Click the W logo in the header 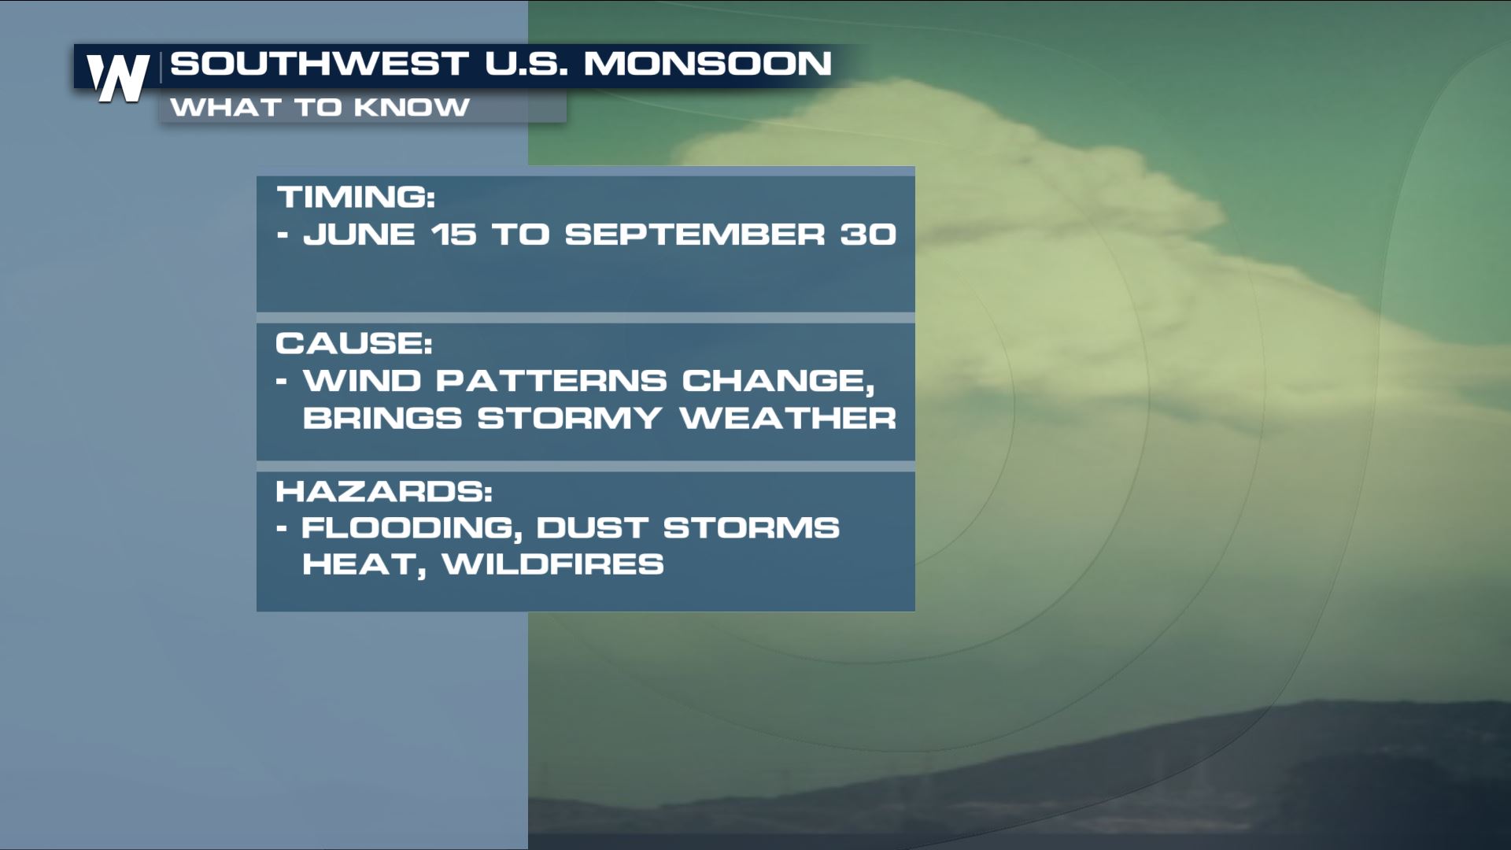point(118,78)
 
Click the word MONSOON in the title point(707,63)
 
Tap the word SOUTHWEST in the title point(320,63)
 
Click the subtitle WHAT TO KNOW point(320,107)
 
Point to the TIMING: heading point(356,197)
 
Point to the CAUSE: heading point(354,343)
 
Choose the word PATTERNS point(552,381)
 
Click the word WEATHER point(788,418)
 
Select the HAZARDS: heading point(384,491)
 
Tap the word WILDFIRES point(553,564)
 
